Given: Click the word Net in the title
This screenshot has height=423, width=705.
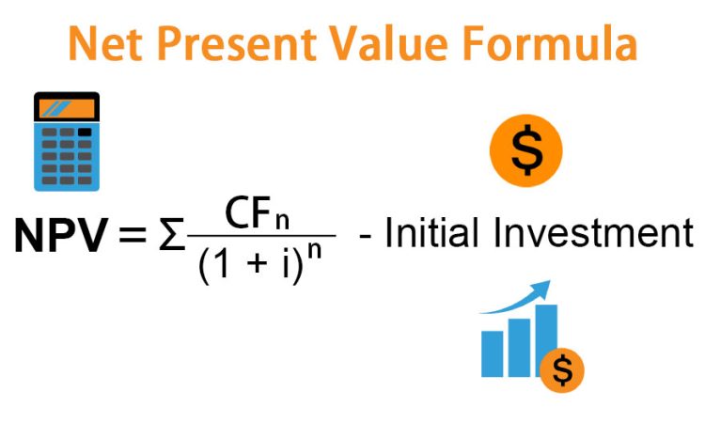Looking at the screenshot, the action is click(x=104, y=43).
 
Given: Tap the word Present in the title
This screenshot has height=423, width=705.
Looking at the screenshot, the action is click(x=237, y=43).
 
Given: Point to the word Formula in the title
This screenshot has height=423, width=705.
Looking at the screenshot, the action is click(x=550, y=43).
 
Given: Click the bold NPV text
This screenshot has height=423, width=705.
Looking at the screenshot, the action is click(x=62, y=235).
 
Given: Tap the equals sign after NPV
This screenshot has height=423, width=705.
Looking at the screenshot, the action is click(x=133, y=235).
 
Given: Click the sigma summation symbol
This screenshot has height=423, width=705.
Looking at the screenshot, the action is click(x=172, y=235).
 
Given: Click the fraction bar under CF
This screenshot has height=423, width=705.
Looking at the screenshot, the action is click(x=261, y=235).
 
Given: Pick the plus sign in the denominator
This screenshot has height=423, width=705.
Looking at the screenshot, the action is click(x=258, y=263).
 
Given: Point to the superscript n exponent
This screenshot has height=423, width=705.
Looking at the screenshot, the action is click(x=315, y=251).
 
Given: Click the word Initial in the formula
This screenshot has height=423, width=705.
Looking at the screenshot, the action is click(x=431, y=232).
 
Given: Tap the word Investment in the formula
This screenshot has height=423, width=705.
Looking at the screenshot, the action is click(x=593, y=232).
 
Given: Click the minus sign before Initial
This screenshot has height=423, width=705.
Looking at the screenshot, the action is click(x=365, y=236).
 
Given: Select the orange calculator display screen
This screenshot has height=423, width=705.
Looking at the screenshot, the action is click(x=67, y=109).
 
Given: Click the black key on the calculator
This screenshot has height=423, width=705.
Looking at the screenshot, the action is click(x=85, y=133).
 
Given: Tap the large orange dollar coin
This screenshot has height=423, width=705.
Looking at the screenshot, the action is click(x=526, y=150).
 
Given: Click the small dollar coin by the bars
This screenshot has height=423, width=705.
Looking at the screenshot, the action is click(x=562, y=370).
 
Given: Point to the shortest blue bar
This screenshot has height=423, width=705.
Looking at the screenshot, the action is click(x=492, y=353).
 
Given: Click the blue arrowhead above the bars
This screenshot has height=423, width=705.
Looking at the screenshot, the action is click(x=540, y=290).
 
